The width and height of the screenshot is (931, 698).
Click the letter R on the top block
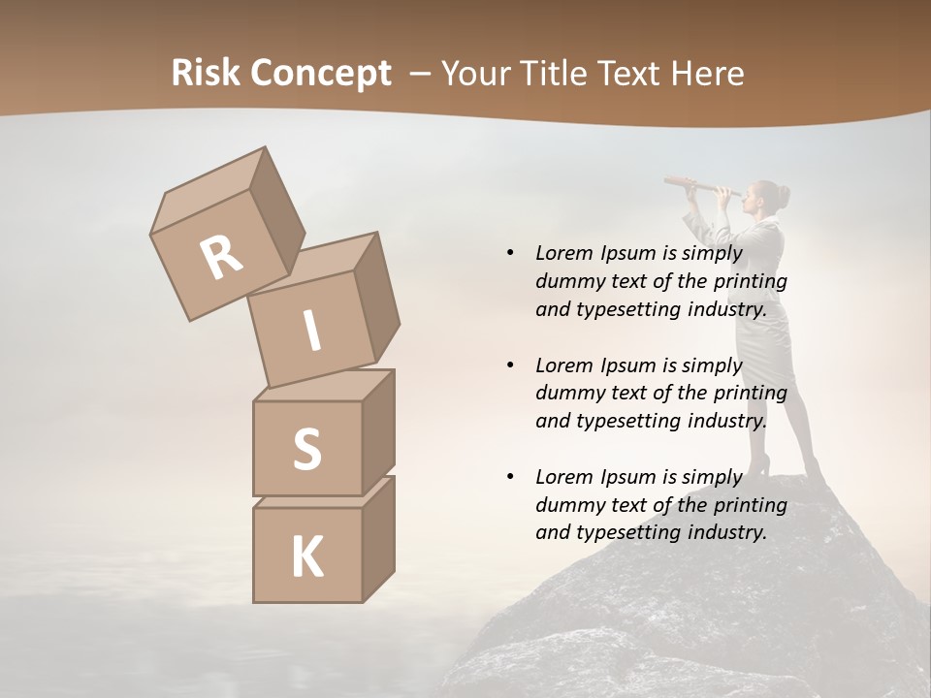pyautogui.click(x=221, y=257)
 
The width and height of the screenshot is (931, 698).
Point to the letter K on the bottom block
pyautogui.click(x=306, y=557)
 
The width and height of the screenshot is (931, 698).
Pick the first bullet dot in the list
pyautogui.click(x=510, y=253)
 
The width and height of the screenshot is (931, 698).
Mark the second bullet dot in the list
pyautogui.click(x=510, y=365)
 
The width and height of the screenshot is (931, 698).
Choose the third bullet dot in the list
pyautogui.click(x=510, y=477)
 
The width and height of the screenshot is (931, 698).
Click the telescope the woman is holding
pyautogui.click(x=693, y=185)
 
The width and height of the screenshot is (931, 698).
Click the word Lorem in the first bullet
pyautogui.click(x=563, y=253)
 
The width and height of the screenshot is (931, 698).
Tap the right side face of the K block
pyautogui.click(x=378, y=538)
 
